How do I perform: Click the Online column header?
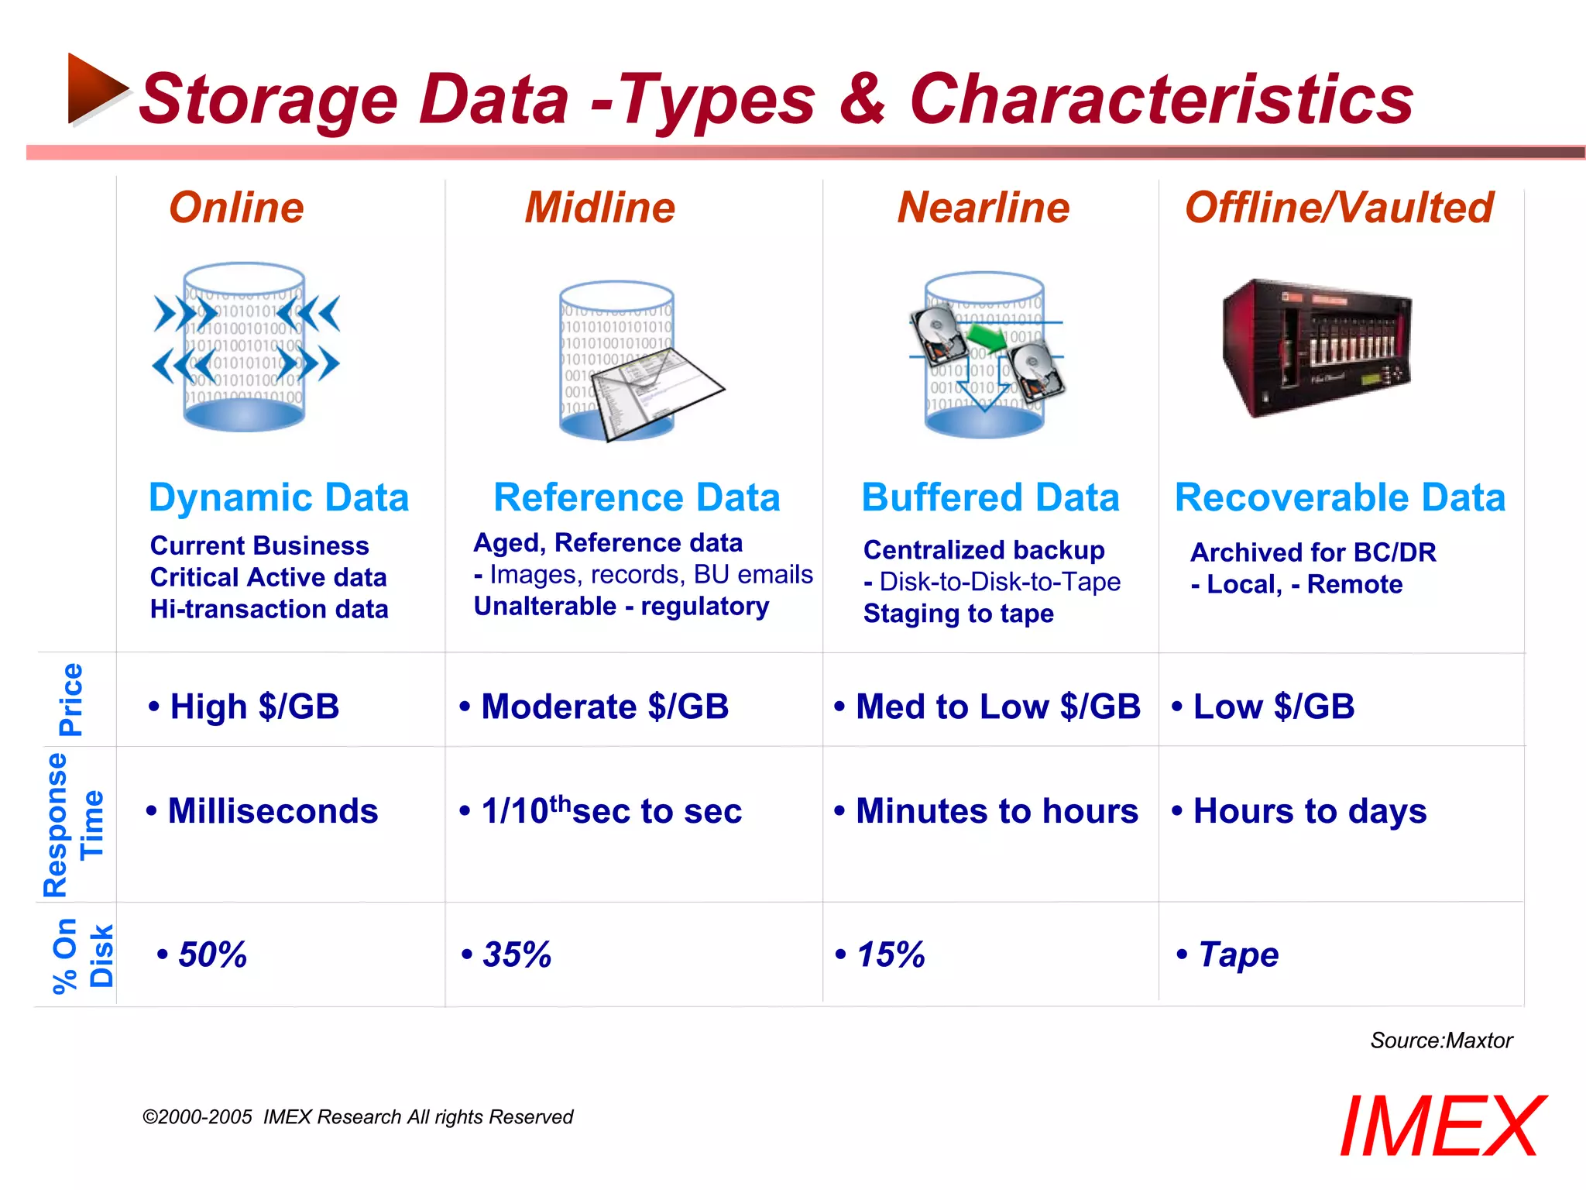click(236, 208)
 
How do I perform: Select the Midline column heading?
click(599, 208)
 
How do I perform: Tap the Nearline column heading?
click(983, 208)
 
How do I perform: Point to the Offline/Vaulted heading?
click(1339, 208)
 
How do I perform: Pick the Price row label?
click(71, 699)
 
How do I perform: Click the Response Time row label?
click(73, 824)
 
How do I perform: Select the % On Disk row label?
click(82, 954)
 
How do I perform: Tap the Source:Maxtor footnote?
click(1440, 1040)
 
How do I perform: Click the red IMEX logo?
click(1442, 1126)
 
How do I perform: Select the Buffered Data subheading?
click(990, 497)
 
